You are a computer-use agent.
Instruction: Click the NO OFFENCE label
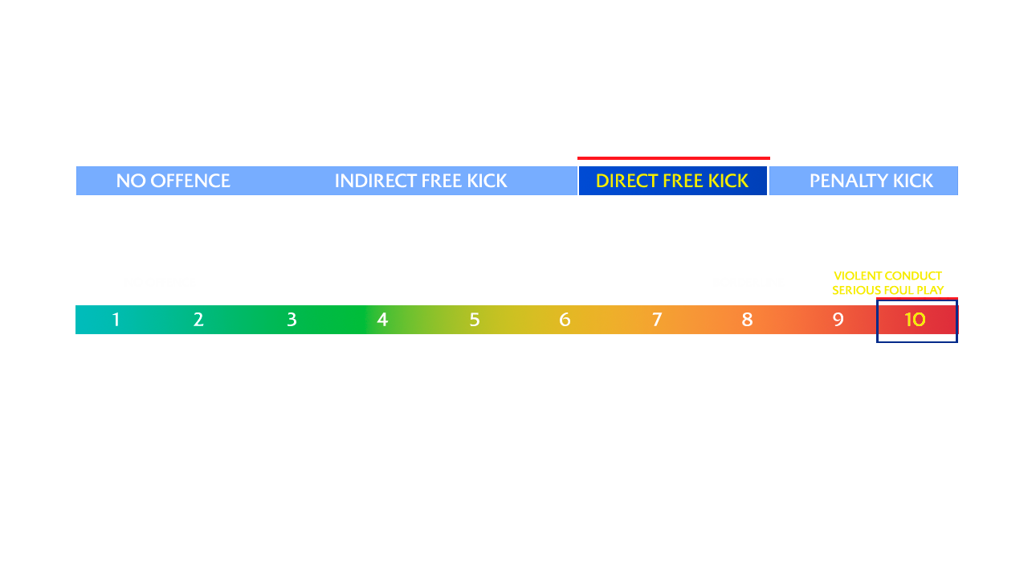(x=173, y=181)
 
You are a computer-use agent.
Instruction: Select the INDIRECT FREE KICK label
(x=421, y=181)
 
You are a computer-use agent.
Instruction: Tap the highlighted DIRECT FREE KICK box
(x=672, y=181)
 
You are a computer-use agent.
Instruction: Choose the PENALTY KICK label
(x=871, y=181)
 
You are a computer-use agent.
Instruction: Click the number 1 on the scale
(x=116, y=320)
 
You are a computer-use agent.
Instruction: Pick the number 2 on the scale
(x=198, y=320)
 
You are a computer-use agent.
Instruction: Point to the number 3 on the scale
(x=292, y=320)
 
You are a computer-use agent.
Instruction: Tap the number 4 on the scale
(x=382, y=320)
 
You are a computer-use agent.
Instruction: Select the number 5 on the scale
(x=475, y=320)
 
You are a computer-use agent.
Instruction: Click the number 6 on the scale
(x=565, y=320)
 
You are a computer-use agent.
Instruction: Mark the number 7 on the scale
(x=657, y=320)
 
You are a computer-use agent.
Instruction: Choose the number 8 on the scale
(x=747, y=320)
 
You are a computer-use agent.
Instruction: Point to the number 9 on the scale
(x=838, y=320)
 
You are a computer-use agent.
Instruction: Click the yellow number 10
(x=915, y=320)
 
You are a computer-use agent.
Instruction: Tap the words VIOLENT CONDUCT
(x=887, y=276)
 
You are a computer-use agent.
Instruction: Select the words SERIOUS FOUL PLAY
(x=888, y=290)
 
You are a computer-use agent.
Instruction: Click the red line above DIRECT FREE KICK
(x=673, y=158)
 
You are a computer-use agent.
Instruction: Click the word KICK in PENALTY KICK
(x=912, y=181)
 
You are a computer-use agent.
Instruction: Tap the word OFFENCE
(x=190, y=181)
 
